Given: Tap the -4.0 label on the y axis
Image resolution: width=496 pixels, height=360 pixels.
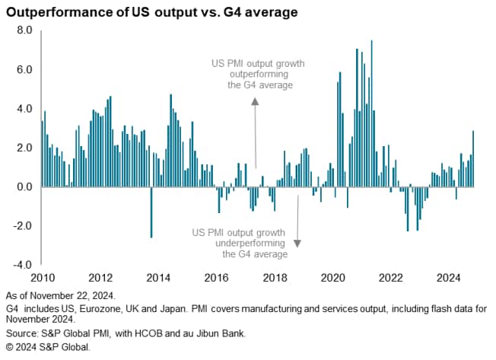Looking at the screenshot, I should pyautogui.click(x=22, y=265).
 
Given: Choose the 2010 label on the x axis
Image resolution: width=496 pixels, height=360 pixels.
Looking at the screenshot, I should pyautogui.click(x=41, y=276).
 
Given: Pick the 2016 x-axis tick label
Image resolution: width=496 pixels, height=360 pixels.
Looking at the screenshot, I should pyautogui.click(x=217, y=276).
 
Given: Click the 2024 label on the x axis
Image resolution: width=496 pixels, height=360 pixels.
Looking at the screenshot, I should pyautogui.click(x=450, y=276).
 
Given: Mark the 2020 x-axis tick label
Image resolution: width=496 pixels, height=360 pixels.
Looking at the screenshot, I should pyautogui.click(x=333, y=276).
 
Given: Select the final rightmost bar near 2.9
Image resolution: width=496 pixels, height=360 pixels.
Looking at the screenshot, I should pyautogui.click(x=473, y=158).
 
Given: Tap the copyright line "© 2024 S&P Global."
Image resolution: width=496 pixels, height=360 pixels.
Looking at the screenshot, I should pyautogui.click(x=47, y=346).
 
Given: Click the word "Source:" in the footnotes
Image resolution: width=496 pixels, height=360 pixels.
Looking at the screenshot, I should pyautogui.click(x=22, y=333).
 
